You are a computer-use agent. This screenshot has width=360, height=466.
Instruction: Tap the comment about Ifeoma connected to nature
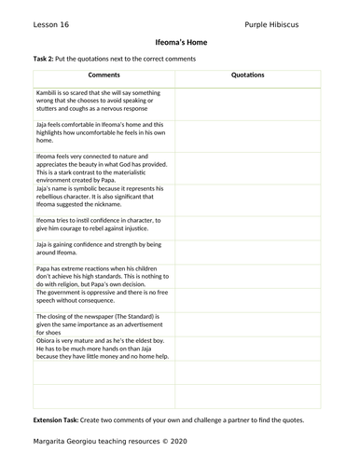(99, 164)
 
